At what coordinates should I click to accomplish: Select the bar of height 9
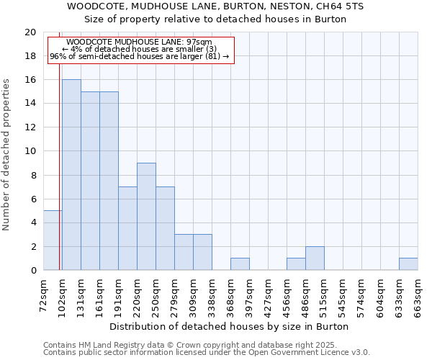coord(146,217)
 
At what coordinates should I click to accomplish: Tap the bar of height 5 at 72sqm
coord(53,240)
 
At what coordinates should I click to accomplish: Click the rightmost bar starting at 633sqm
coord(408,264)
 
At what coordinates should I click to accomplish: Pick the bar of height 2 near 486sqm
coord(315,258)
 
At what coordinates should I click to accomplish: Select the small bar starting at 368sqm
coord(240,264)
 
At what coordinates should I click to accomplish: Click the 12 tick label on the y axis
coord(30,127)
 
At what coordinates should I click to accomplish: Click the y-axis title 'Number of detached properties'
coord(6,155)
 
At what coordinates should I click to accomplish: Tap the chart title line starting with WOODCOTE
coord(215,6)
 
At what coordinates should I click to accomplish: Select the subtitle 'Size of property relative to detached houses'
coord(215,19)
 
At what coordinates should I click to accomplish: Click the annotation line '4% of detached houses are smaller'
coord(139,49)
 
